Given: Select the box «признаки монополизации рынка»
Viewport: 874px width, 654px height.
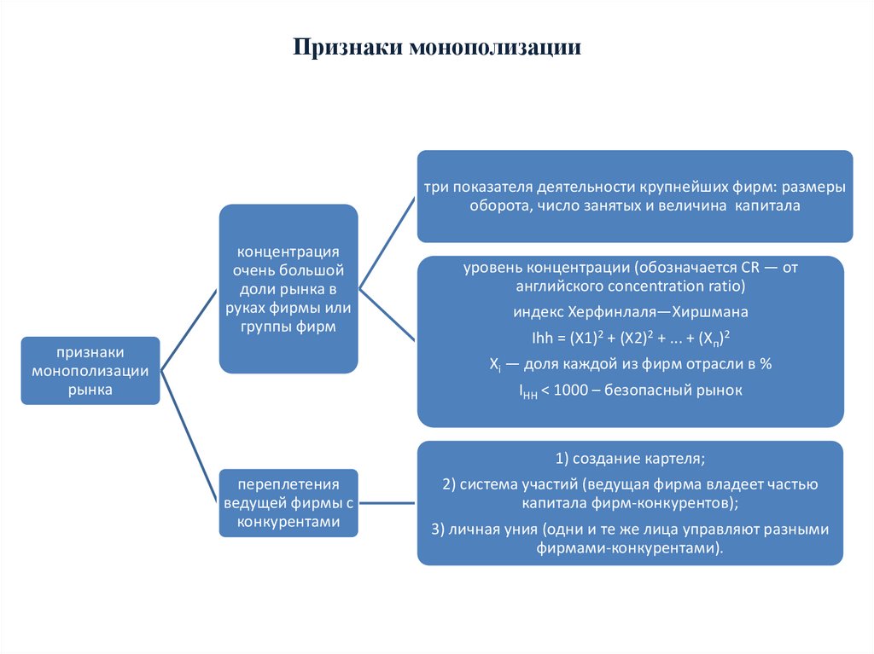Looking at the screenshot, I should coord(90,370).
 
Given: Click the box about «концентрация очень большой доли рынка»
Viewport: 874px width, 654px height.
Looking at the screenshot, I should coord(288,289).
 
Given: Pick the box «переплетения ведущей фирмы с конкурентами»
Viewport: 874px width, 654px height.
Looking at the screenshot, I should coord(288,502).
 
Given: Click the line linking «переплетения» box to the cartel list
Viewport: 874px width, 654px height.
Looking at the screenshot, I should coord(387,501).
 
